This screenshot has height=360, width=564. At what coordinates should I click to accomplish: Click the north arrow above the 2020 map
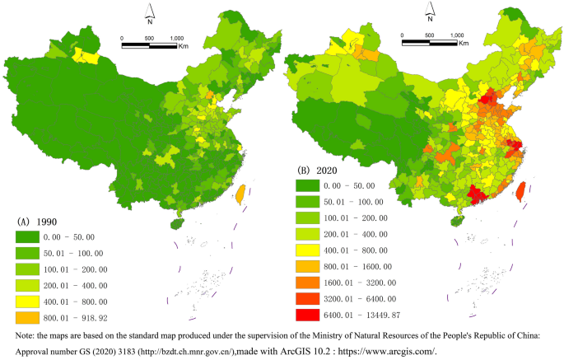click(430, 12)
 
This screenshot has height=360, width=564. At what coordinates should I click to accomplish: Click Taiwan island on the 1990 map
click(240, 195)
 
